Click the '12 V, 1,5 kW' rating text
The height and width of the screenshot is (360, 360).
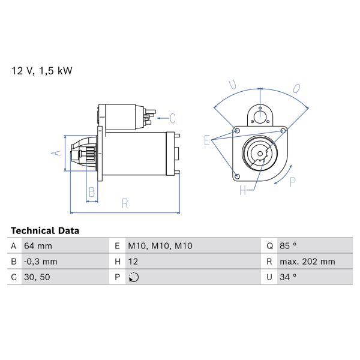(42, 71)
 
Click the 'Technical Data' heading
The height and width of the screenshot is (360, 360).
(45, 230)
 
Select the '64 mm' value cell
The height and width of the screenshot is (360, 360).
(38, 246)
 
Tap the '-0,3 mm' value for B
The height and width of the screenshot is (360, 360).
(40, 262)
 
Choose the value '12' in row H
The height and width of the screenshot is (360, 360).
(133, 262)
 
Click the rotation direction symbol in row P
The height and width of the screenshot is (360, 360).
(133, 277)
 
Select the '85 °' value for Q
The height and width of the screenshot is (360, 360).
(289, 246)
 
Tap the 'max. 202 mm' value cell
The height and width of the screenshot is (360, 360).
(307, 262)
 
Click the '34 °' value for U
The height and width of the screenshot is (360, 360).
(289, 277)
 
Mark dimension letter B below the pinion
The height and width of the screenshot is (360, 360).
(92, 192)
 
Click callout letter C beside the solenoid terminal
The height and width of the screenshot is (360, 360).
(172, 118)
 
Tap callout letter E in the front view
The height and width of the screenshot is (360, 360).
(207, 140)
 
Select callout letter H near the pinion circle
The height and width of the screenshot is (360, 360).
(243, 191)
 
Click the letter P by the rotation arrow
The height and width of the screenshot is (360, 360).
(293, 182)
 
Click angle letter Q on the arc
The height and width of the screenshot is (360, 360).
(296, 88)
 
